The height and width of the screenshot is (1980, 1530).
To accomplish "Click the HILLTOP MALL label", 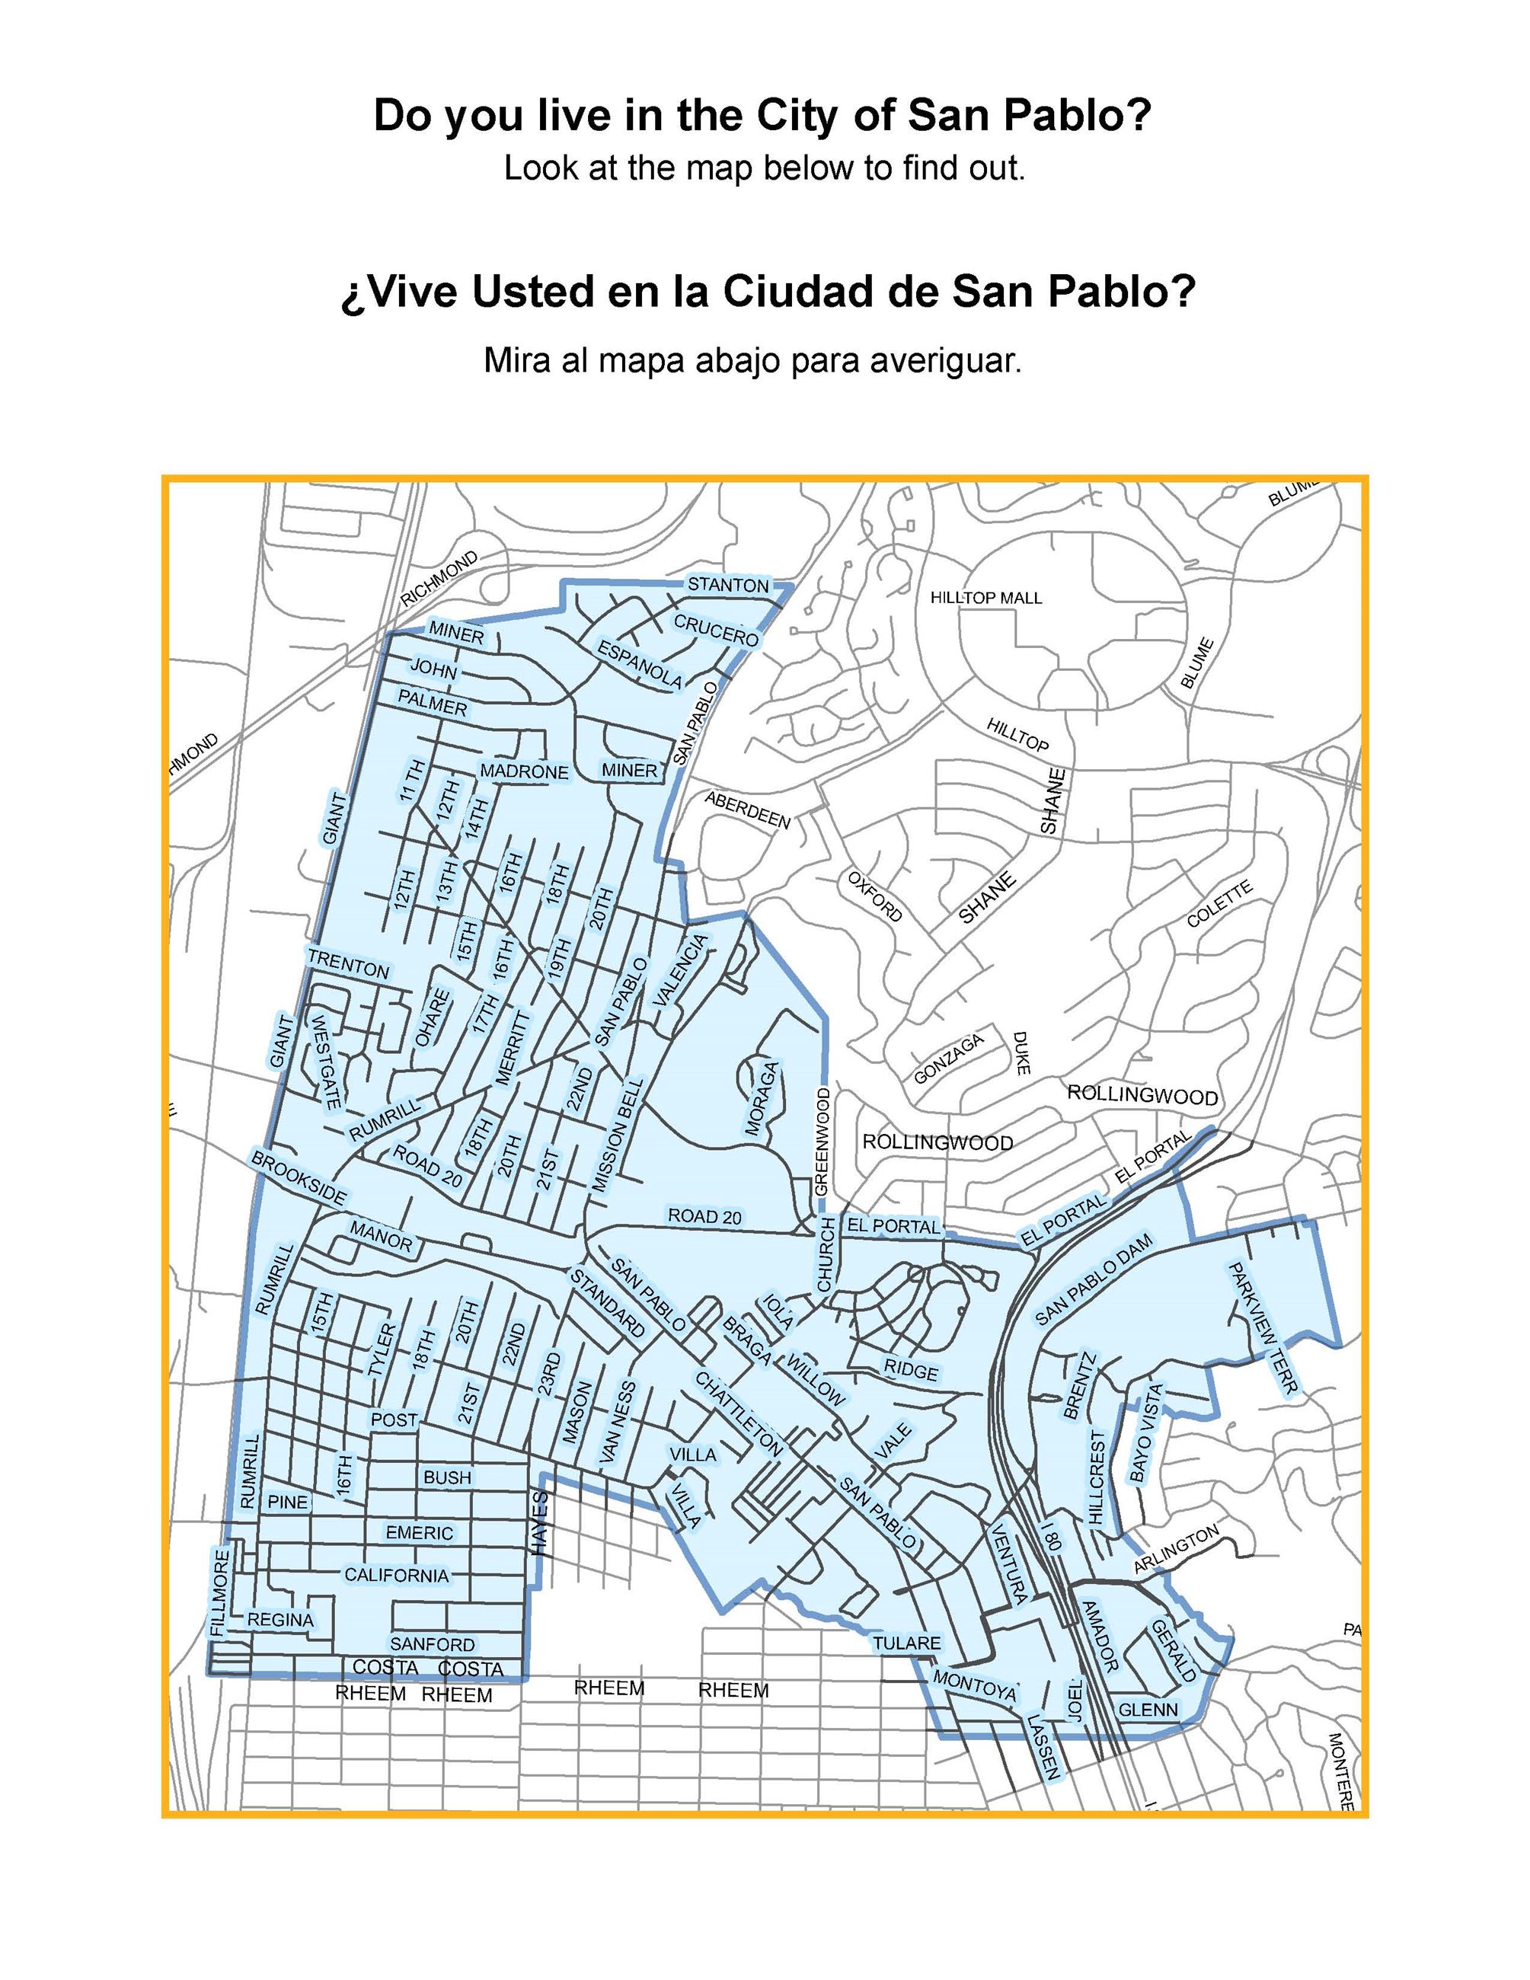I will click(986, 598).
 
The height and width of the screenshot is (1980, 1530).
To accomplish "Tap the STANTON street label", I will click(728, 585).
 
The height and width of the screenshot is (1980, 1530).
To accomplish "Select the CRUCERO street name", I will click(716, 630).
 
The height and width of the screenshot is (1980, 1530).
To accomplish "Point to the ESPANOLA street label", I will click(639, 663).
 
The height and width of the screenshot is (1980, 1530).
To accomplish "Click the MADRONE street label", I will click(524, 771).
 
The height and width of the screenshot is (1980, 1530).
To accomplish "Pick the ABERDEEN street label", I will click(748, 810).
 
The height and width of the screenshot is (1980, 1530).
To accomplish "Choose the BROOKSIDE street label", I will click(299, 1177).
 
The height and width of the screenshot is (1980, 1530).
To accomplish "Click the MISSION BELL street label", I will click(618, 1134).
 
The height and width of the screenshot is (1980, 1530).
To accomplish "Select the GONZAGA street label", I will click(948, 1058).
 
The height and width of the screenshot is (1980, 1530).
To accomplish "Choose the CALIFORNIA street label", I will click(396, 1575).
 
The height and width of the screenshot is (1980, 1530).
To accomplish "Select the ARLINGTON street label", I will click(1177, 1550).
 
